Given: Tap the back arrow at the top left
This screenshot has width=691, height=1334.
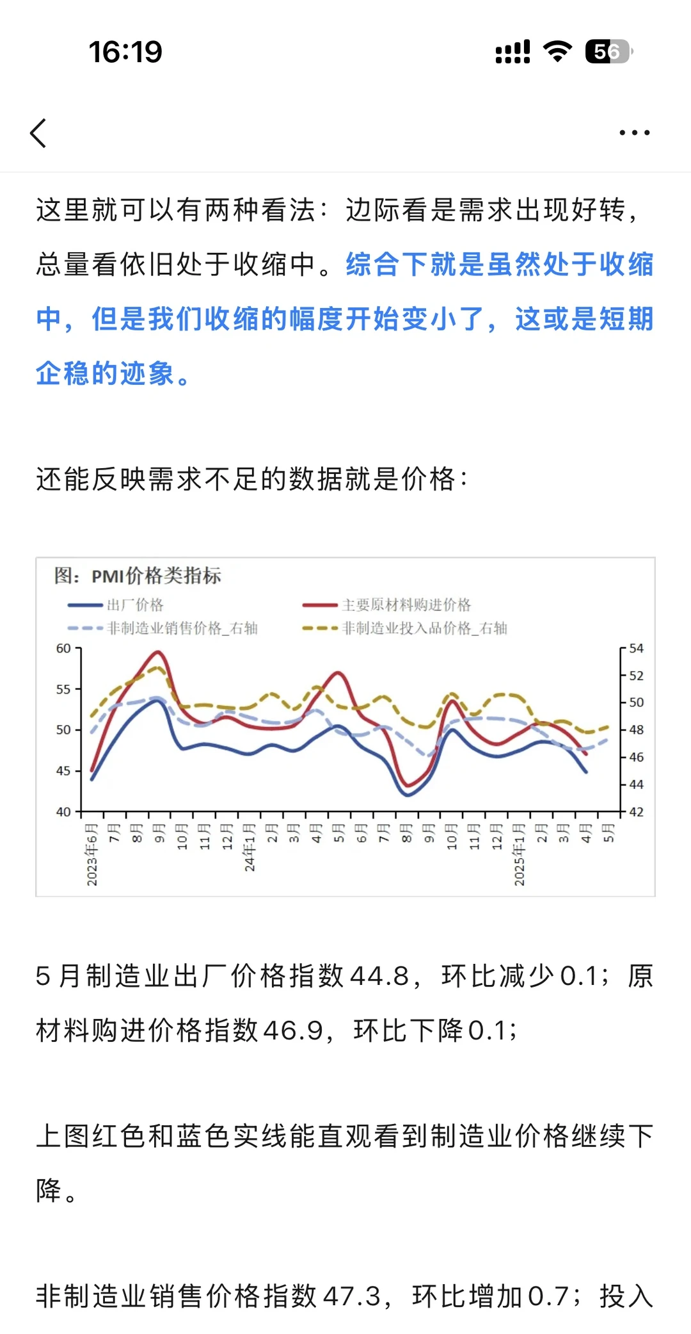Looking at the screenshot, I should coord(38,133).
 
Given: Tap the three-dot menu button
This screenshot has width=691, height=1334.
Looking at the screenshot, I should coord(634,133).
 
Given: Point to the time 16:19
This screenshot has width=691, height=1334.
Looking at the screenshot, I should coord(125,52).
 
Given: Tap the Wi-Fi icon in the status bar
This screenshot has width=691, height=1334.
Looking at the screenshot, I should coord(557,51).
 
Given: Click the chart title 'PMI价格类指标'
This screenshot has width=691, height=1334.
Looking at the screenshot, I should coord(156,576).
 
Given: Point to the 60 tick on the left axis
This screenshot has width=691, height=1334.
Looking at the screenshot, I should coord(63,648).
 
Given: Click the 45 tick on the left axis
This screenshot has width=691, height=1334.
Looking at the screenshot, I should coord(63,770).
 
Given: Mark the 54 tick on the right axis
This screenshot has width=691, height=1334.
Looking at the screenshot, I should coord(636,648).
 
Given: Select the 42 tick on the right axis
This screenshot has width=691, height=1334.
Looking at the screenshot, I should coord(636,811).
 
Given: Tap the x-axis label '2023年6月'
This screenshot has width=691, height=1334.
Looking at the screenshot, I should coord(92,854).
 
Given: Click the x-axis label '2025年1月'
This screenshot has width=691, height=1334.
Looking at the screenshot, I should coord(520,854).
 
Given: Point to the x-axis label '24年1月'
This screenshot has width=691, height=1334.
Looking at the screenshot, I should coord(250,847).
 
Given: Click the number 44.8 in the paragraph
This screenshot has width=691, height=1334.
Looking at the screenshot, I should coord(379,976).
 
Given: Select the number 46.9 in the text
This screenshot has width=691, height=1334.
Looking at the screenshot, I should coord(292,1030).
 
